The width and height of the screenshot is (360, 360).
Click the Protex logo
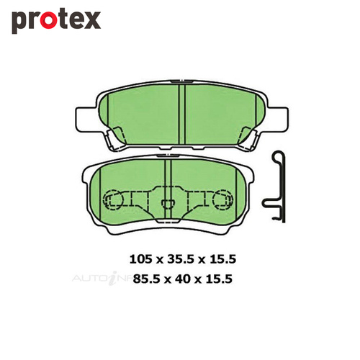[x=56, y=22]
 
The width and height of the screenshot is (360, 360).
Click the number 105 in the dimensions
[x=140, y=259]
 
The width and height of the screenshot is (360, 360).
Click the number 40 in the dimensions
[x=182, y=279]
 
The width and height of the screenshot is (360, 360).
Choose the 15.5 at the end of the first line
[x=222, y=259]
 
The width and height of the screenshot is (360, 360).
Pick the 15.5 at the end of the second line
[x=219, y=279]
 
